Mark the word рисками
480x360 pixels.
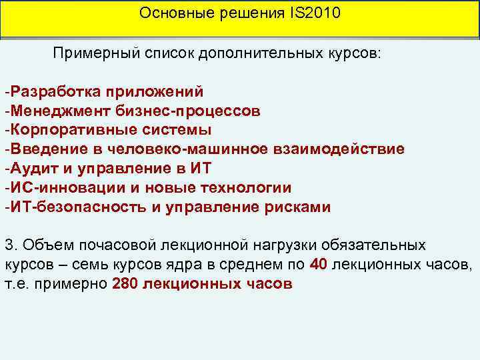[x=296, y=207]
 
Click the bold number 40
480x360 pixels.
[x=319, y=264]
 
